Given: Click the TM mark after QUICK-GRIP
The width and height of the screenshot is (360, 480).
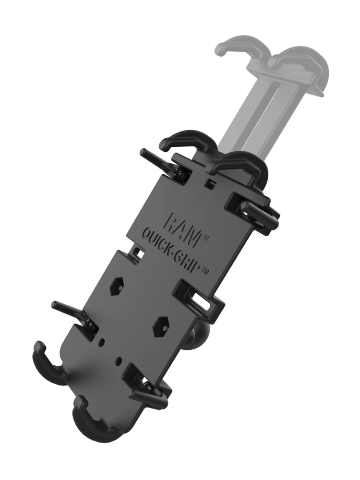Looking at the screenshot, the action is [x=205, y=270].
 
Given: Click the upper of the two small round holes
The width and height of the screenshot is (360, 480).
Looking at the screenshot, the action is [x=103, y=341].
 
